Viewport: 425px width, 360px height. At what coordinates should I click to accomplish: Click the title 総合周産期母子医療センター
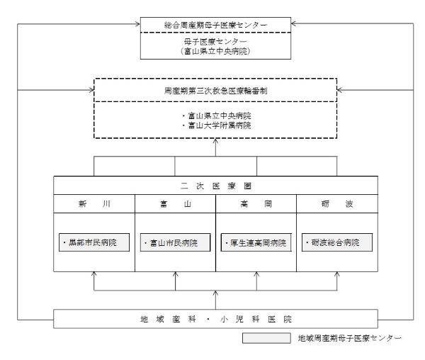click(x=215, y=25)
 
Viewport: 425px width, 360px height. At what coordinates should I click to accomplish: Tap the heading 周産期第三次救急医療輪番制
click(x=215, y=91)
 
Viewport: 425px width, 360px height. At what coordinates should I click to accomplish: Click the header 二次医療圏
click(x=215, y=185)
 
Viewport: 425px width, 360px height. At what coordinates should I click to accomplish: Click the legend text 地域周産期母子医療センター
click(x=349, y=339)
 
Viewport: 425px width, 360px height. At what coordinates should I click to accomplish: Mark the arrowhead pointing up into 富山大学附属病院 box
click(x=215, y=142)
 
